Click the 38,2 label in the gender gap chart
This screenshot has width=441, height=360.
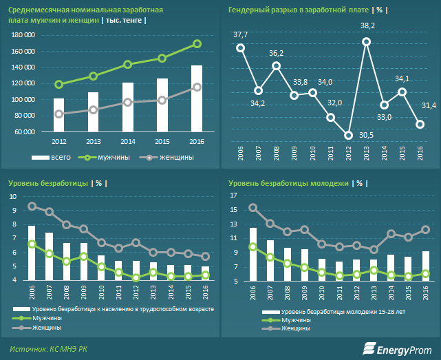pos(367,25)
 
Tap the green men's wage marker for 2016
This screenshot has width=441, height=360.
pos(197,44)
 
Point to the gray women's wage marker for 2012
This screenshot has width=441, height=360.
pos(59,114)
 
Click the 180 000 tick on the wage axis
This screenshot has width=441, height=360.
pos(24,36)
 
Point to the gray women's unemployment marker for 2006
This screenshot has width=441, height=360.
pos(32,206)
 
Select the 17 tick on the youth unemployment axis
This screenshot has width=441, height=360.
pos(233,197)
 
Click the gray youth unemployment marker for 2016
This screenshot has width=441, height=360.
pos(425,230)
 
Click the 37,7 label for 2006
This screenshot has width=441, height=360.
pos(241,34)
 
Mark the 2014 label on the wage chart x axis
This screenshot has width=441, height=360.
pos(127,141)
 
